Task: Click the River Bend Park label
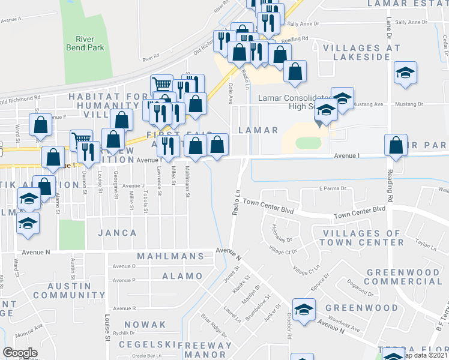coord(85,43)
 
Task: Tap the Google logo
coord(20,353)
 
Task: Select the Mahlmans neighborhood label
coord(170,256)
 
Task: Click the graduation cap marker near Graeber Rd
coord(304,310)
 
